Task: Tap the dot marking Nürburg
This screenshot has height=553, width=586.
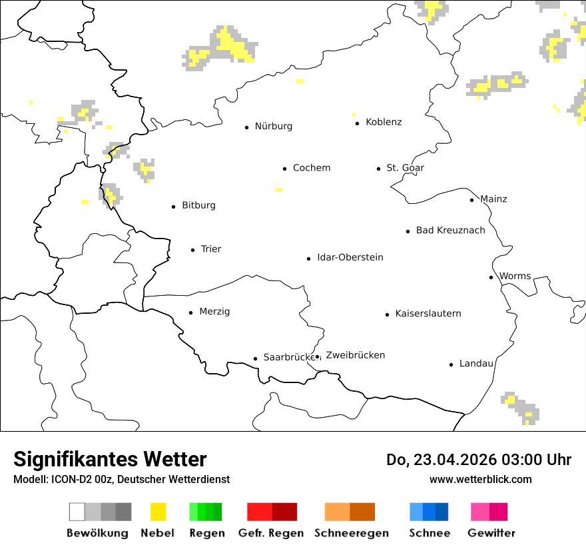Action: pyautogui.click(x=246, y=127)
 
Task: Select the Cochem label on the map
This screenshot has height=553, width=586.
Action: pyautogui.click(x=311, y=168)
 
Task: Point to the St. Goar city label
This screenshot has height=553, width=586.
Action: pyautogui.click(x=405, y=168)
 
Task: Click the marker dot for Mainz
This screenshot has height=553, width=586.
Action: pyautogui.click(x=471, y=200)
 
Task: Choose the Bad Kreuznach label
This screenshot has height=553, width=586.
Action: pyautogui.click(x=450, y=231)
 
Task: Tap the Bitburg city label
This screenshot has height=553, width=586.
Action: pyautogui.click(x=198, y=206)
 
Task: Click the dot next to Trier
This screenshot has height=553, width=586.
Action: pyautogui.click(x=192, y=251)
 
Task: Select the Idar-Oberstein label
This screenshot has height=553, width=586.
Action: pyautogui.click(x=350, y=258)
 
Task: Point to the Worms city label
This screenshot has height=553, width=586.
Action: pyautogui.click(x=515, y=276)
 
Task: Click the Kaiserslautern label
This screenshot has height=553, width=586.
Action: pyautogui.click(x=428, y=314)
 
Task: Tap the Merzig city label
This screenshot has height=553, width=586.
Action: pyautogui.click(x=214, y=312)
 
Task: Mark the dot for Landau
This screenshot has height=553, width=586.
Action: pyautogui.click(x=451, y=364)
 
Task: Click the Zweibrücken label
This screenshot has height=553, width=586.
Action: pyautogui.click(x=355, y=356)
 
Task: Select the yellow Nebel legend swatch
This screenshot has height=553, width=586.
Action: pyautogui.click(x=158, y=512)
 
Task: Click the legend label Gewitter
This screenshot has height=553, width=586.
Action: pyautogui.click(x=491, y=534)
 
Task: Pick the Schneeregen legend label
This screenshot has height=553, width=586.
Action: pyautogui.click(x=351, y=534)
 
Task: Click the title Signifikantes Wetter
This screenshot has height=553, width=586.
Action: pyautogui.click(x=110, y=460)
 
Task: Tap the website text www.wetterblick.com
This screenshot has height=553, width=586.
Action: pyautogui.click(x=480, y=480)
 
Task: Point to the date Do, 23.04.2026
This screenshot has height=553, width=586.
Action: pyautogui.click(x=442, y=460)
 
